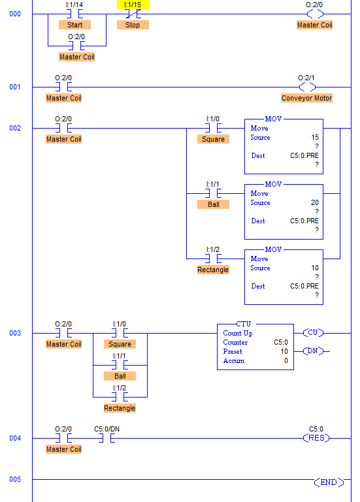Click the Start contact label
pyautogui.click(x=74, y=25)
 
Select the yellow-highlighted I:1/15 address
pyautogui.click(x=133, y=5)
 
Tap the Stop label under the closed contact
pyautogui.click(x=133, y=25)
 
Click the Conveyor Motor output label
pyautogui.click(x=307, y=98)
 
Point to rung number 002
pyautogui.click(x=15, y=128)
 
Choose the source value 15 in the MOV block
pyautogui.click(x=315, y=137)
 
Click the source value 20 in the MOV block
pyautogui.click(x=315, y=202)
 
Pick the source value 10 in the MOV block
pyautogui.click(x=315, y=268)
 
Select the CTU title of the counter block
pyautogui.click(x=244, y=324)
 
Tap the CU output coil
pyautogui.click(x=313, y=333)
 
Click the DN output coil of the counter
pyautogui.click(x=313, y=351)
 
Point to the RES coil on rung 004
pyautogui.click(x=316, y=438)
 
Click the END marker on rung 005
pyautogui.click(x=329, y=482)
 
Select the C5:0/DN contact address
pyautogui.click(x=106, y=429)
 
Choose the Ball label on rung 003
pyautogui.click(x=120, y=376)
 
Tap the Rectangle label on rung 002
pyautogui.click(x=213, y=270)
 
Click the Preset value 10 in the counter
pyautogui.click(x=284, y=351)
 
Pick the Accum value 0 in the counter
pyautogui.click(x=286, y=361)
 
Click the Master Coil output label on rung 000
pyautogui.click(x=314, y=25)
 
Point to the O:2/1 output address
pyautogui.click(x=306, y=78)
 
